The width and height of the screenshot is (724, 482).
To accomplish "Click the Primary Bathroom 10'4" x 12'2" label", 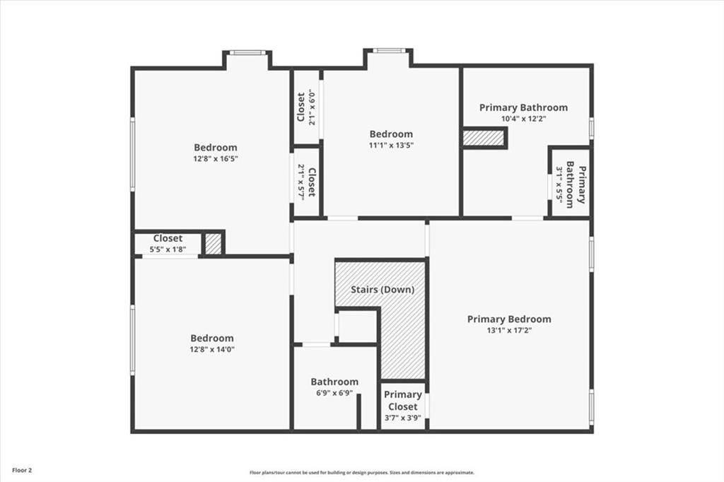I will (523, 108).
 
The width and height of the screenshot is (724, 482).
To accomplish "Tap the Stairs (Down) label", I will (383, 290).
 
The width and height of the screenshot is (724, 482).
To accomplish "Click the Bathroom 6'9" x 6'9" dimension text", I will (334, 394).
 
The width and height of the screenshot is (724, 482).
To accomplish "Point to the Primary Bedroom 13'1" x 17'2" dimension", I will (509, 331).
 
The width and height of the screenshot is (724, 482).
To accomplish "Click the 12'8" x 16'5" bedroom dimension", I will (216, 159).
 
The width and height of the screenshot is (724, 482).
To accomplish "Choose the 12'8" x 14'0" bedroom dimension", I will (212, 349).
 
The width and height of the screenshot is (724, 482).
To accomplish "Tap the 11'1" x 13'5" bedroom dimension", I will (391, 146).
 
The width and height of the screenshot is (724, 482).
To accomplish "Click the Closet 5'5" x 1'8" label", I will (168, 244).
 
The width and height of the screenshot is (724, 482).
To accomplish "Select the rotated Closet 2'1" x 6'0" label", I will (306, 106).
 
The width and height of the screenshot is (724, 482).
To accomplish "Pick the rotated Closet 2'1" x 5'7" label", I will (306, 182).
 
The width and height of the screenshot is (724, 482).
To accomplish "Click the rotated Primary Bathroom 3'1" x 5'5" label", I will (570, 186).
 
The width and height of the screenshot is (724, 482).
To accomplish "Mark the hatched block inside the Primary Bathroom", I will (484, 138).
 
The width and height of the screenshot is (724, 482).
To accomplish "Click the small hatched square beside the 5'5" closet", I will (213, 244).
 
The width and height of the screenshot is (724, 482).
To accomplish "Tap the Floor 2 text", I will (21, 469).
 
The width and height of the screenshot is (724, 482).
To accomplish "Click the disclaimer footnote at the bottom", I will (361, 473).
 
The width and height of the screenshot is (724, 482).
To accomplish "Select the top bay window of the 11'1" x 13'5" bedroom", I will (387, 51).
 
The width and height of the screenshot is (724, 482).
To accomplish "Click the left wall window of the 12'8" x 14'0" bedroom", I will (132, 339).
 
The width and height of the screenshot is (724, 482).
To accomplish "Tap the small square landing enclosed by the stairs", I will (358, 326).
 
